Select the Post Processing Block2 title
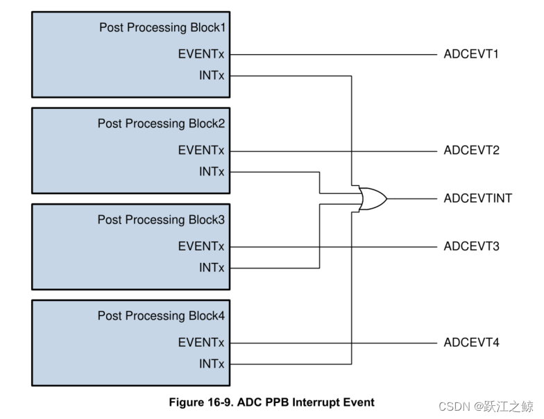[x=161, y=123]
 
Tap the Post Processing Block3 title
[x=161, y=220]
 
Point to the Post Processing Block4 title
[x=161, y=316]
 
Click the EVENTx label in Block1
[x=201, y=54]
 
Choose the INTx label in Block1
[x=212, y=75]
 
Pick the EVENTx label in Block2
[x=201, y=151]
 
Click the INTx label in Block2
[x=212, y=171]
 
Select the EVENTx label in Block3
[x=201, y=246]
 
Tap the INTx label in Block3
[x=212, y=268]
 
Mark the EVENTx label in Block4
[x=201, y=343]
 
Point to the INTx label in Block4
[x=212, y=364]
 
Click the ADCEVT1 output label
[x=471, y=54]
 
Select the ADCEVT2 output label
[x=471, y=151]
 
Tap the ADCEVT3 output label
[x=471, y=246]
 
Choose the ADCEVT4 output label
[x=471, y=343]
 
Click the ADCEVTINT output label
[x=477, y=198]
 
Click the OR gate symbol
[x=373, y=198]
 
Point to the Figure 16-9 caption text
[x=271, y=402]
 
